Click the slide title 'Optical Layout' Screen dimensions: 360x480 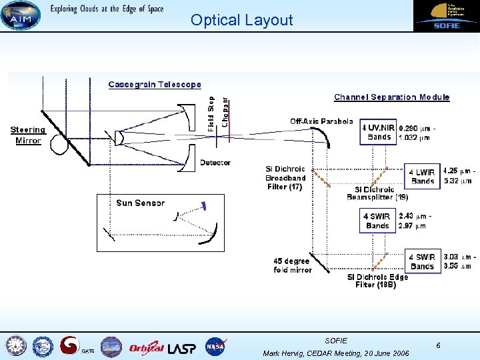coord(241,20)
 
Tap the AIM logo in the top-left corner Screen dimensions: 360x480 coord(21,15)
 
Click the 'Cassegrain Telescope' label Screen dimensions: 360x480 coord(155,85)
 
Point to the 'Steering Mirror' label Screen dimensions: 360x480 coord(28,135)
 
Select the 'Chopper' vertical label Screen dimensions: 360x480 coord(225,111)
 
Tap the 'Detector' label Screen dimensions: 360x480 coord(215,163)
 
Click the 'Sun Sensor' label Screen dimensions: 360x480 coord(140,203)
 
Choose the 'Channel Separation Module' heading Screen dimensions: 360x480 coord(391,97)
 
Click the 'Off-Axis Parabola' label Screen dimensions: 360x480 coord(321,121)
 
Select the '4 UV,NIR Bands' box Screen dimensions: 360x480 coord(378,132)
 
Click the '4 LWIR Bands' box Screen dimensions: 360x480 coord(423,177)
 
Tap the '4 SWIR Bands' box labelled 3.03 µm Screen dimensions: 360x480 coord(423,261)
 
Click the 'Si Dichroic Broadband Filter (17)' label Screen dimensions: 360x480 coord(285,178)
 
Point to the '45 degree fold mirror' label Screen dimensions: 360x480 coord(292,265)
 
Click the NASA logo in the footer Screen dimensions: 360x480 coord(215,347)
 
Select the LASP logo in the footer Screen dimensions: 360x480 coord(182,347)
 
